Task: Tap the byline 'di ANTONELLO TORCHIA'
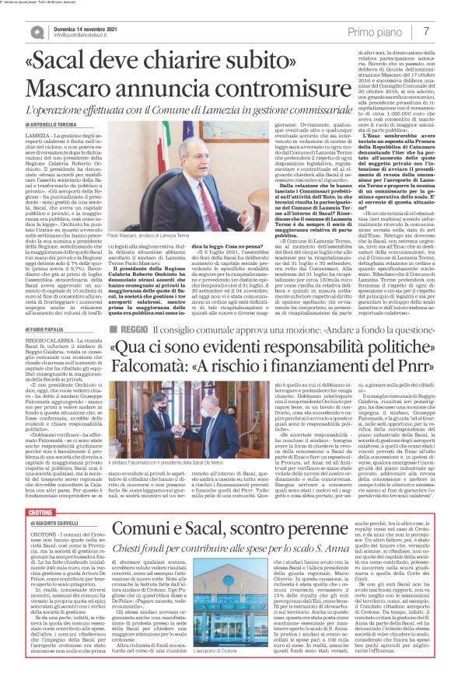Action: click(x=52, y=124)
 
